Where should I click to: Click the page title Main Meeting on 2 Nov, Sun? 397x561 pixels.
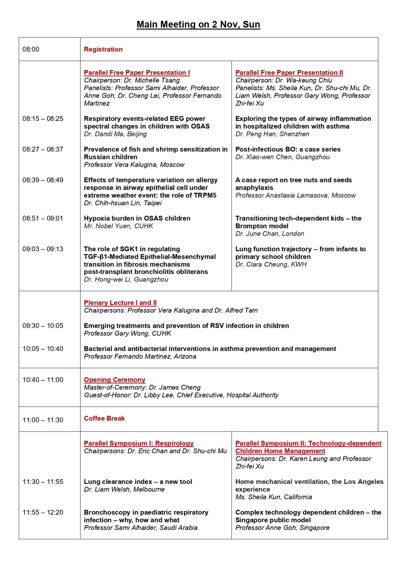198,25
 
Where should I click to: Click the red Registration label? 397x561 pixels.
103,49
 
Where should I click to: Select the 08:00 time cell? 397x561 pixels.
31,49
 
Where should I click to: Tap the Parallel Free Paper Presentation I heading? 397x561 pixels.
137,72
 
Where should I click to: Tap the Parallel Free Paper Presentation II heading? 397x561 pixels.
289,72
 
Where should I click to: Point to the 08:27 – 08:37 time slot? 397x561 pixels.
43,149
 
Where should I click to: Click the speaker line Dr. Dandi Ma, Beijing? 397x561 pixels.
115,134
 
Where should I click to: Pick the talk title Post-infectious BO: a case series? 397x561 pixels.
288,149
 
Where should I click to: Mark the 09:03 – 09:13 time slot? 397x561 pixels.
43,249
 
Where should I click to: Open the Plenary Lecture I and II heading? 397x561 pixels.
120,302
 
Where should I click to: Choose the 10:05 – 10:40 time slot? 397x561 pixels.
43,349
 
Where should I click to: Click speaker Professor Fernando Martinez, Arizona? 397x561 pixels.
140,356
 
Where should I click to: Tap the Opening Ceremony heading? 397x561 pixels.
114,380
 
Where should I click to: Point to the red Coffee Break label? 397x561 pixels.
104,418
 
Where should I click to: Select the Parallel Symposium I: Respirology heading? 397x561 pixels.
139,443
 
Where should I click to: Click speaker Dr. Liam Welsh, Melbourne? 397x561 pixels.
124,489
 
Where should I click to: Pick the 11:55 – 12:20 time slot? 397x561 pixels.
43,512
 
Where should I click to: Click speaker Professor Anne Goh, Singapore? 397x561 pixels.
282,528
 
